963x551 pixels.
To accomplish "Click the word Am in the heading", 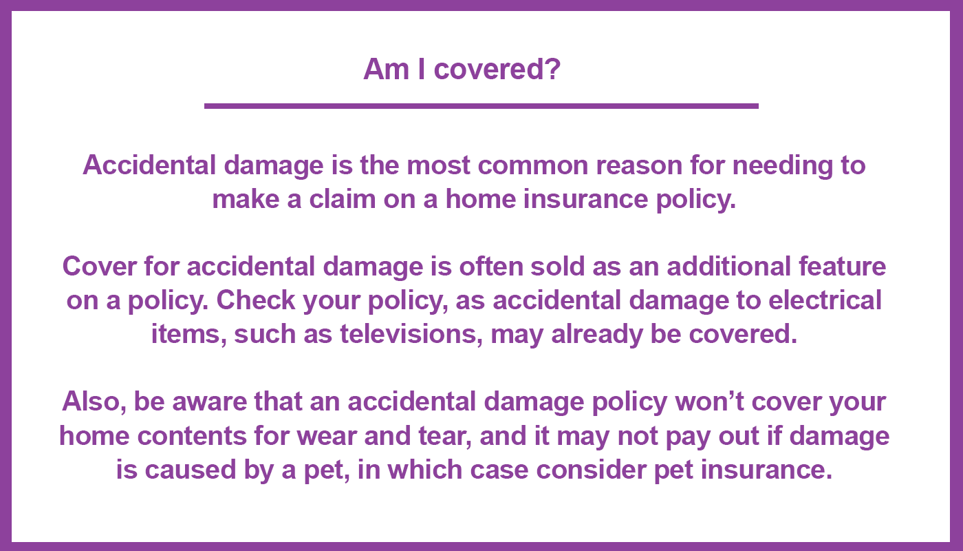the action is tap(386, 69).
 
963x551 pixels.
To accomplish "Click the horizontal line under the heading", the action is tap(481, 106).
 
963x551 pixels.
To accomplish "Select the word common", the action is tap(532, 165).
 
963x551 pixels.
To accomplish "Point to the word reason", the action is tap(639, 166).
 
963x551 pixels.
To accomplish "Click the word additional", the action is tap(728, 267).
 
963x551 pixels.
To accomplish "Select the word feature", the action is tap(842, 267).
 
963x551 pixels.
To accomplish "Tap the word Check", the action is tap(256, 300).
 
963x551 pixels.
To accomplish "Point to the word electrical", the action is tap(825, 300).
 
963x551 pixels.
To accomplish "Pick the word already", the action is tap(597, 335).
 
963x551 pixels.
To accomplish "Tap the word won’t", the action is tap(709, 402).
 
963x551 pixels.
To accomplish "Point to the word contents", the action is tap(191, 436).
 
